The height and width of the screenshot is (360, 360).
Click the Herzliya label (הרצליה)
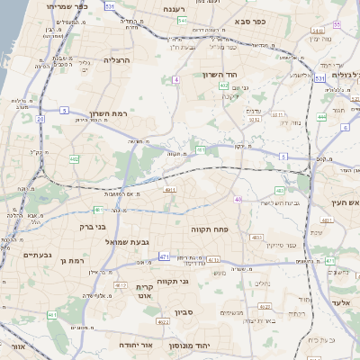pyautogui.click(x=118, y=60)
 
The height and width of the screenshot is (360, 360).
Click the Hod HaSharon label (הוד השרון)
pyautogui.click(x=217, y=75)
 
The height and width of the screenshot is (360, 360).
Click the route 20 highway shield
pyautogui.click(x=40, y=118)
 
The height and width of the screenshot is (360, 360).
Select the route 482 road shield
pyautogui.click(x=74, y=159)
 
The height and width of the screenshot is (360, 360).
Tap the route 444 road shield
pyautogui.click(x=321, y=118)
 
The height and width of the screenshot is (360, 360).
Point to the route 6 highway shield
pyautogui.click(x=345, y=128)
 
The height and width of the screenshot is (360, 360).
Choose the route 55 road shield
pyautogui.click(x=337, y=24)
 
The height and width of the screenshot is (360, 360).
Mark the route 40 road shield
pyautogui.click(x=238, y=199)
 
